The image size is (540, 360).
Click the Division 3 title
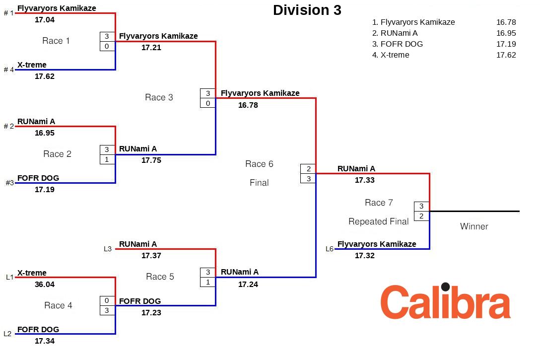tap(307, 10)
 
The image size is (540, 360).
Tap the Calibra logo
tap(445, 301)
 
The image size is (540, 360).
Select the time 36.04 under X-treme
tap(45, 285)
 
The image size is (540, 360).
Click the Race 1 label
tap(56, 41)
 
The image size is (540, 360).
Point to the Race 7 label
tap(379, 203)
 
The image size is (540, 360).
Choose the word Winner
tap(474, 226)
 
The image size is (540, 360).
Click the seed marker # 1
tap(9, 13)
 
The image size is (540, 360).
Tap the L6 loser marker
tap(330, 249)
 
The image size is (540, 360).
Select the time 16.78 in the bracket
tap(248, 105)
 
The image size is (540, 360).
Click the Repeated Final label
tap(379, 221)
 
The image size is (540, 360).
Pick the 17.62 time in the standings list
tap(506, 55)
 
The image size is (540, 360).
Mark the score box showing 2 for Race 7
tap(421, 216)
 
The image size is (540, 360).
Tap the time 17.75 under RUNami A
tap(151, 160)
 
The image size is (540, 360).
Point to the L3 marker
tap(108, 249)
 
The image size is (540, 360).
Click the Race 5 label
tap(160, 277)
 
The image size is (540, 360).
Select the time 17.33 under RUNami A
tap(365, 180)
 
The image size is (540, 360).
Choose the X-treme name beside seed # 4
tap(32, 65)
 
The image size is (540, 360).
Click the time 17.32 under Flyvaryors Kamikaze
tap(365, 256)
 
